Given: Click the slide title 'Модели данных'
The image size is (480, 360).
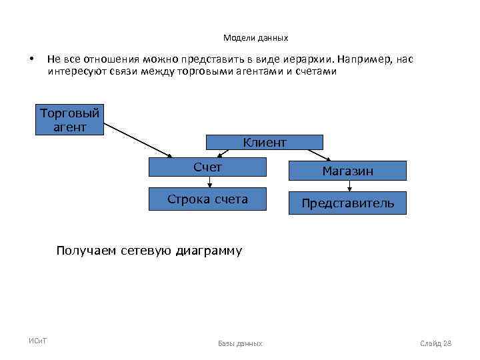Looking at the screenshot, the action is (x=255, y=38).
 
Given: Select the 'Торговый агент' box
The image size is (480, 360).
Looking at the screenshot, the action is (x=70, y=120).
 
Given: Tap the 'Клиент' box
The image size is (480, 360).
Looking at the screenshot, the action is (x=264, y=142).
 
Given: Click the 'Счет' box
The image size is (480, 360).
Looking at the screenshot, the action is (x=207, y=167).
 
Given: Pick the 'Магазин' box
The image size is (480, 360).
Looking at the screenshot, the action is (x=347, y=171).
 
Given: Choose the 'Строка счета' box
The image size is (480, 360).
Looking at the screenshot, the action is (x=207, y=199).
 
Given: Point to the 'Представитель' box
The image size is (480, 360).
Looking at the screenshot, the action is (x=347, y=203).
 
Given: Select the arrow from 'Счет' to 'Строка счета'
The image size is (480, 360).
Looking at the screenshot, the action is (x=210, y=182).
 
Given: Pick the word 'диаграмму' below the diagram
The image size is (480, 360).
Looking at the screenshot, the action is (x=209, y=251).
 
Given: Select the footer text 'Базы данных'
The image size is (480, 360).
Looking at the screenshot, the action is (x=240, y=343).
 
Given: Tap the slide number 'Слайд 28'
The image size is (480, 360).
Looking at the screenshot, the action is (x=436, y=343).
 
